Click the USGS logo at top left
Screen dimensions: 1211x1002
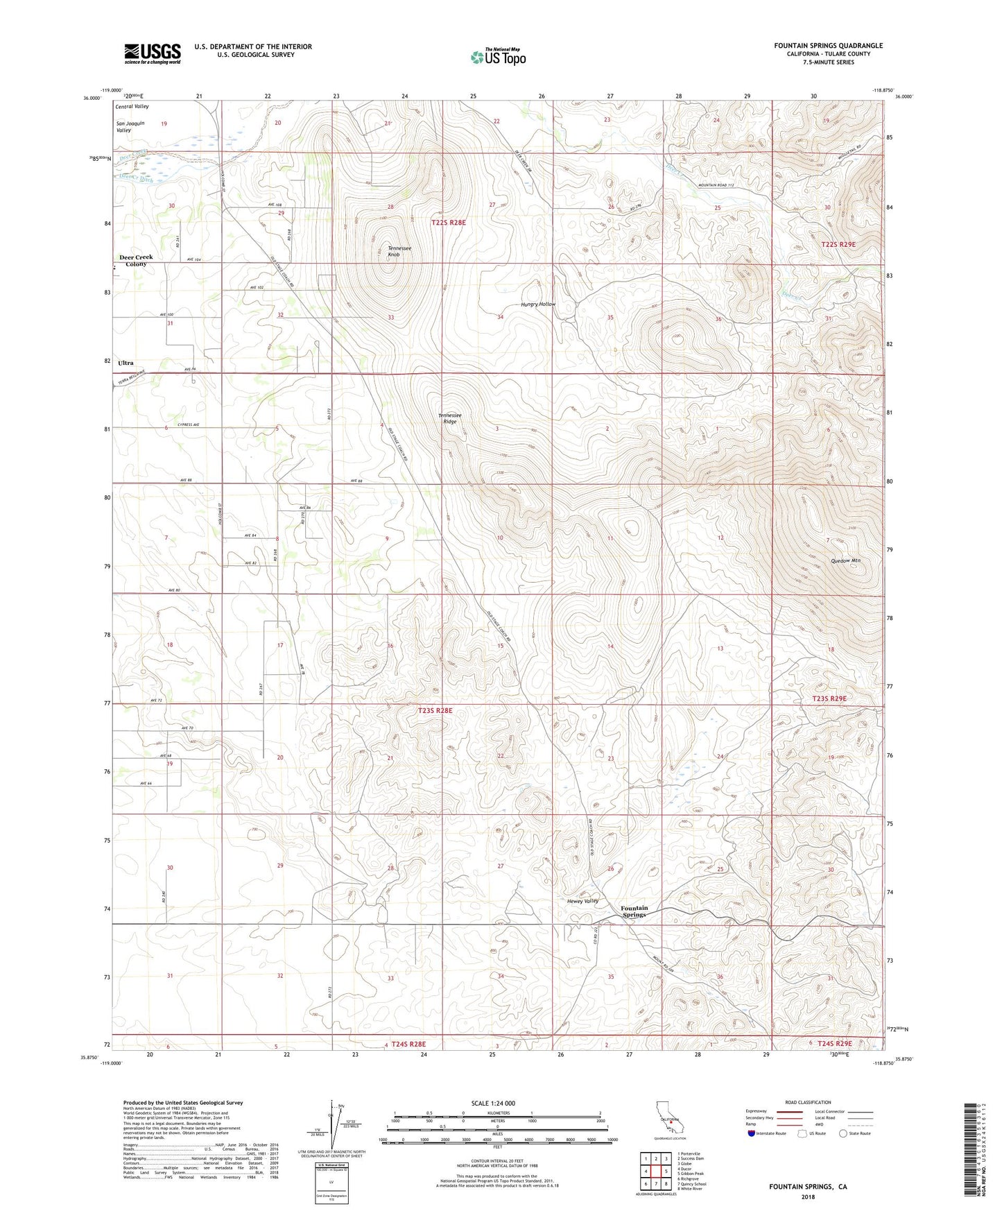[x=153, y=53]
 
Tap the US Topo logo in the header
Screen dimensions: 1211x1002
[x=498, y=58]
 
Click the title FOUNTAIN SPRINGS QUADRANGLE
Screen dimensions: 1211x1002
[x=828, y=46]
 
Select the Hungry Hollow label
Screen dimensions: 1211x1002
[x=538, y=304]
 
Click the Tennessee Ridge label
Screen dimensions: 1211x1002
[x=449, y=418]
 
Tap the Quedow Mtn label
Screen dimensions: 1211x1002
[x=845, y=560]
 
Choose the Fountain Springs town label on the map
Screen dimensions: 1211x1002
[x=634, y=911]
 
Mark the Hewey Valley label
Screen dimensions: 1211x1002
[x=582, y=901]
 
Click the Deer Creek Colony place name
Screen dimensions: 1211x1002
[x=136, y=260]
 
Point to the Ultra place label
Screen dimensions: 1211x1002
[x=126, y=363]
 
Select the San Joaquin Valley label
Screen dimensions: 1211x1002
[x=130, y=126]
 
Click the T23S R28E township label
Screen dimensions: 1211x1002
[x=435, y=711]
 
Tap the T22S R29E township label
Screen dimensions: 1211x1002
[x=838, y=244]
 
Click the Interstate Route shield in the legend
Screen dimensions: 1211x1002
[x=753, y=1134]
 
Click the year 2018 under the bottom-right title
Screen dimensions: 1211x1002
[x=808, y=1196]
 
